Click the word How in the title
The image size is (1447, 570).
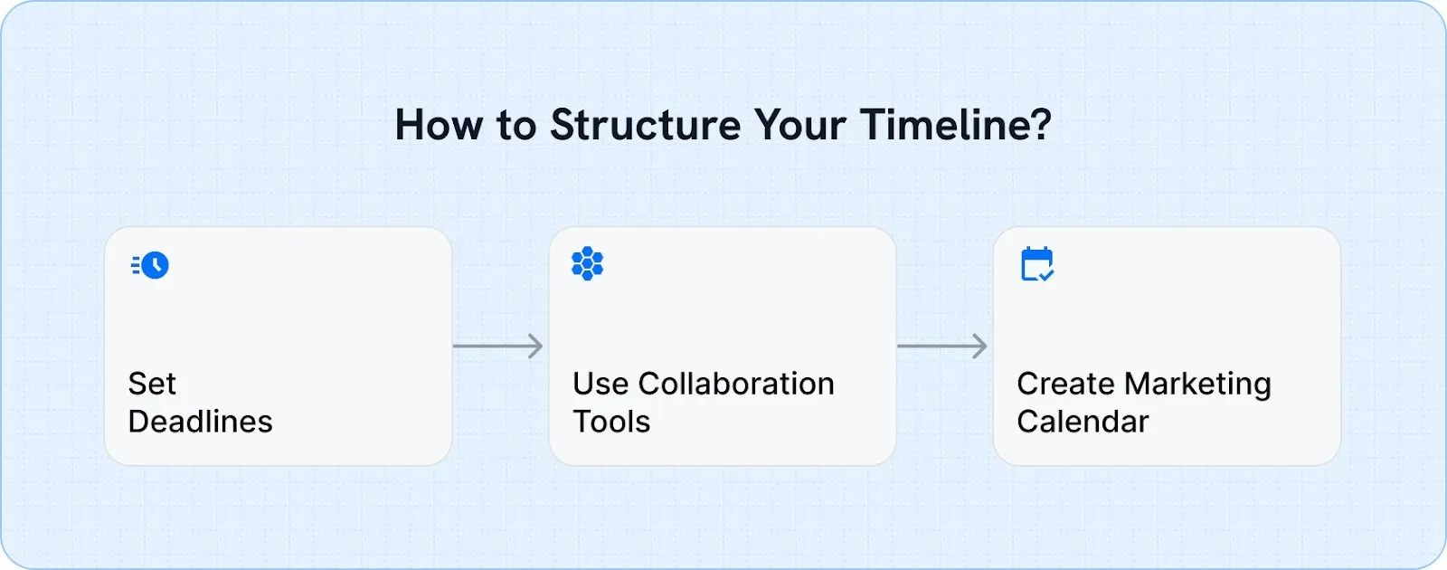439,125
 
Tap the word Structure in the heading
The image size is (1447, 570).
646,125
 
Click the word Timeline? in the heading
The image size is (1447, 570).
956,125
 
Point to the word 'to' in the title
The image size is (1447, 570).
516,125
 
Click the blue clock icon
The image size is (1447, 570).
155,265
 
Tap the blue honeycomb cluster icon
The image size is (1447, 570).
588,263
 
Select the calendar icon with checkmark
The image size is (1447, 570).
1036,264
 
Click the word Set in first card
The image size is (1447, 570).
152,384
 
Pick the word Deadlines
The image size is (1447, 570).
200,422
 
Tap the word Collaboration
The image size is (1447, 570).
736,384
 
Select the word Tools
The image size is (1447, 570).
611,422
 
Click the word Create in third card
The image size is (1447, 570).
1064,384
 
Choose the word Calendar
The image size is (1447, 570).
1083,422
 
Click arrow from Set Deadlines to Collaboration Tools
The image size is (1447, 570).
497,346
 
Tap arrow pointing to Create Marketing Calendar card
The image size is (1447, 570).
941,346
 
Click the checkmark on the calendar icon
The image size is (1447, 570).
1046,274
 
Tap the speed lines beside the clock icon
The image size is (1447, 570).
136,265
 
